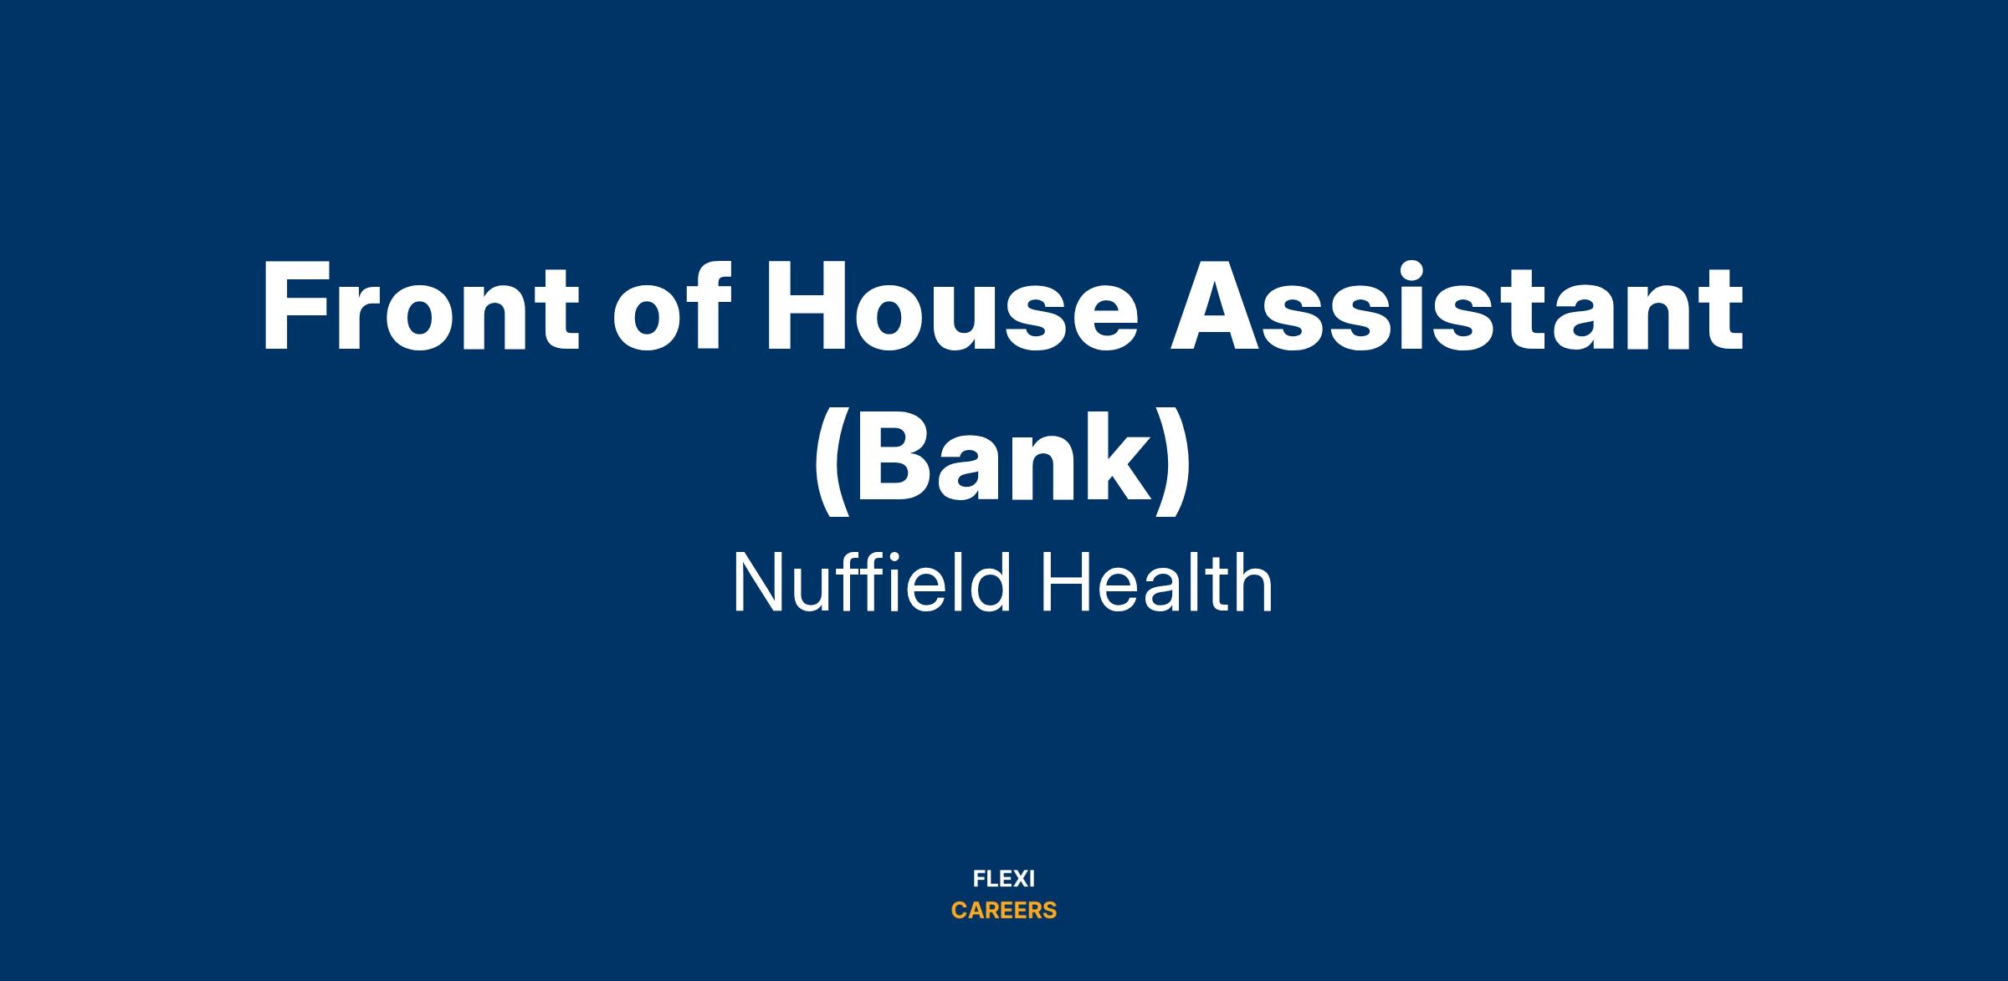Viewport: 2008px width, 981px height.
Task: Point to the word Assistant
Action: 1457,306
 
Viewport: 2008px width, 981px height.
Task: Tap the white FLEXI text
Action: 1004,879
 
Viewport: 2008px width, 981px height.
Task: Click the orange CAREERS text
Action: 1004,910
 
